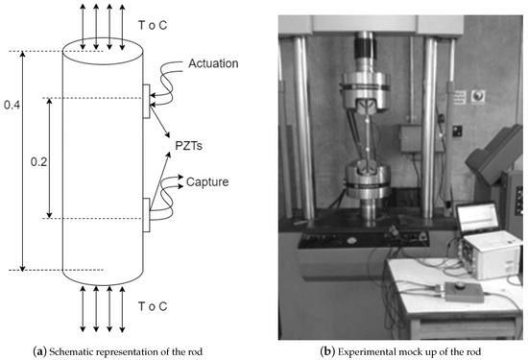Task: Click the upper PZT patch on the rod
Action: [146, 102]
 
